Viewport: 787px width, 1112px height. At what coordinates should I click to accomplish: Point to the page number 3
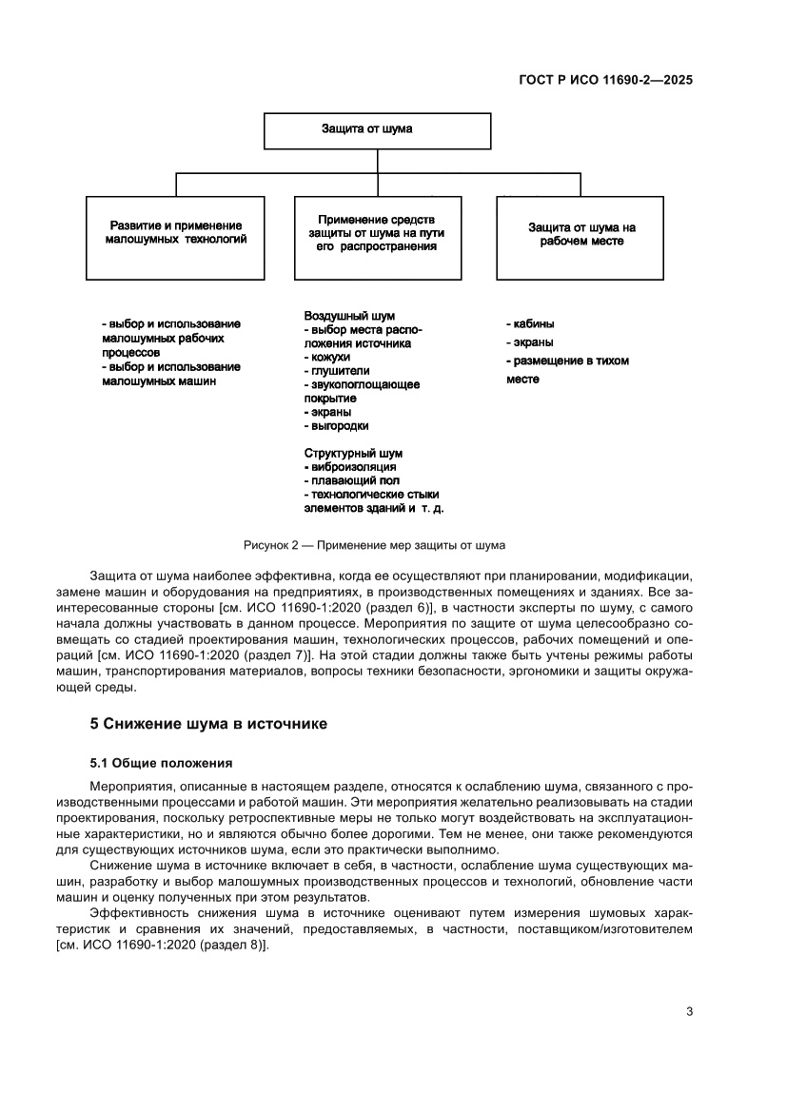[689, 1012]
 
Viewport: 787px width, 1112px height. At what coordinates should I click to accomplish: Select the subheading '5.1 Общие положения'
[161, 763]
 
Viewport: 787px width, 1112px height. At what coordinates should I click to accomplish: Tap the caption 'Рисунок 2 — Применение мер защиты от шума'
[374, 545]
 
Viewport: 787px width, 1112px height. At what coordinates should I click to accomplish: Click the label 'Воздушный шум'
[349, 315]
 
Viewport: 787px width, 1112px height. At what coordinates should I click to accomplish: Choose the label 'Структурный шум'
[353, 454]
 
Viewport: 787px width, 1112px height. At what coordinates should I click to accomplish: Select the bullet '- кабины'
[530, 323]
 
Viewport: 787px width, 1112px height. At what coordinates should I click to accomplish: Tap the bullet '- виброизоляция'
[350, 467]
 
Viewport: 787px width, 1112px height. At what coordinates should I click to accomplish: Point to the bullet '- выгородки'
[336, 426]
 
